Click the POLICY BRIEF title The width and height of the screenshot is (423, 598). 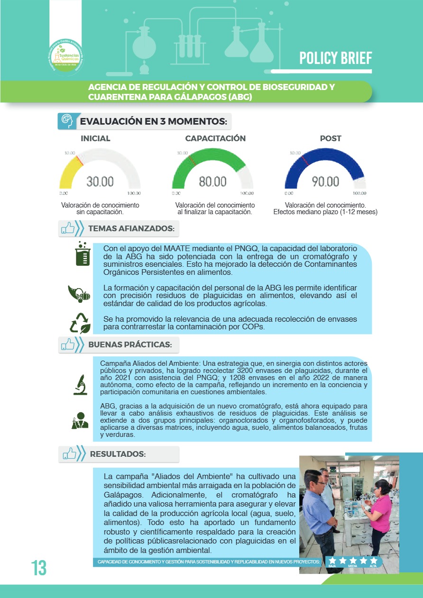[335, 58]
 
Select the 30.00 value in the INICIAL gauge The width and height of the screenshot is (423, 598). [100, 181]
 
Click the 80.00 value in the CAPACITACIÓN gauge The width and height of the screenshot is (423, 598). [212, 181]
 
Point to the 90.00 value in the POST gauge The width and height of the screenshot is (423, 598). [325, 181]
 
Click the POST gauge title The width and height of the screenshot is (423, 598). [331, 138]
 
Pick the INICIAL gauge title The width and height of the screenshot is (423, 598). [95, 138]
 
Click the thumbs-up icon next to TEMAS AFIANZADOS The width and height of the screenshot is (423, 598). [69, 229]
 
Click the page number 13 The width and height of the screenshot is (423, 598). [39, 568]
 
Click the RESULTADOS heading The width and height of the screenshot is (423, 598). [118, 454]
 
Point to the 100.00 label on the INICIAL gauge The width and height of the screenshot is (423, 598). [133, 193]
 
